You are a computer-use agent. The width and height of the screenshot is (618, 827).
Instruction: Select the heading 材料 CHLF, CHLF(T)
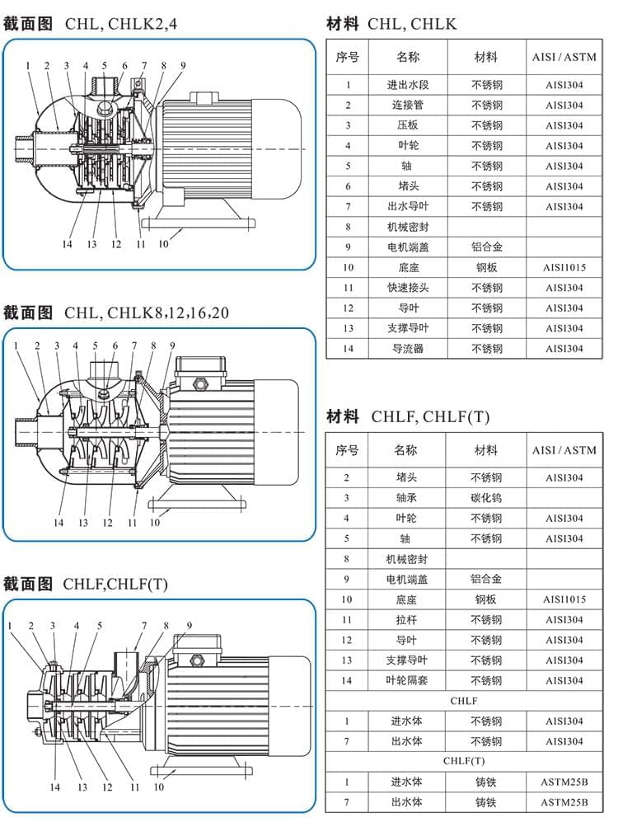click(x=407, y=416)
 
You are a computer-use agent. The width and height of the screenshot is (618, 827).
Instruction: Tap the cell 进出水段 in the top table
click(x=408, y=85)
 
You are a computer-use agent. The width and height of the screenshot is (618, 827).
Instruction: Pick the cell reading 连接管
click(x=408, y=106)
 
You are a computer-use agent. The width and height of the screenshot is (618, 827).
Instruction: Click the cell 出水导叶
click(x=408, y=207)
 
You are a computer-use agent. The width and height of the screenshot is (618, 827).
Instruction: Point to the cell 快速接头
click(x=408, y=288)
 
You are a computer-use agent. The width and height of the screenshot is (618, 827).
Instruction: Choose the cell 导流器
click(x=408, y=349)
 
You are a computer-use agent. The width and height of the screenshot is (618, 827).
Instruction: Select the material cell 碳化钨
click(x=486, y=498)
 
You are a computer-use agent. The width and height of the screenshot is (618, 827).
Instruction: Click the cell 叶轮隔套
click(x=407, y=680)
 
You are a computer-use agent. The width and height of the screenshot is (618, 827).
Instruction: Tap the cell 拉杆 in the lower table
click(x=407, y=620)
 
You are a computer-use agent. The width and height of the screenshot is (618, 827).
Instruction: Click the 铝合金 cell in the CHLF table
click(x=486, y=580)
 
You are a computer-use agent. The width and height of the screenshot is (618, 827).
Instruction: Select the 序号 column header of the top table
click(x=347, y=58)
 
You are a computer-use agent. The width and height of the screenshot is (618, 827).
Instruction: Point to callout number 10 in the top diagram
click(x=163, y=244)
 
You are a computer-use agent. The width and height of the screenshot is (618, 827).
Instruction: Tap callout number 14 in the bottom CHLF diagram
click(x=55, y=787)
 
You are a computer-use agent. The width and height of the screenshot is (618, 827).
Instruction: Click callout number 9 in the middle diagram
click(x=171, y=345)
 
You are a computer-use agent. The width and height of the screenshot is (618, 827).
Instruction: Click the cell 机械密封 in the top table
click(x=408, y=227)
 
